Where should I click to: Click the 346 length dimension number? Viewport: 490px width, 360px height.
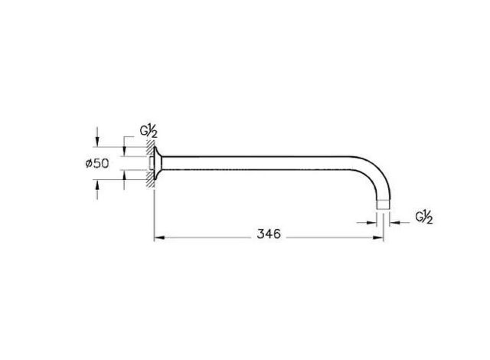click(269, 234)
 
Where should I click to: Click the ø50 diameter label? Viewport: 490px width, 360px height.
click(97, 163)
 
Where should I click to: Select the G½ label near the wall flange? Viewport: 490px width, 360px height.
click(149, 131)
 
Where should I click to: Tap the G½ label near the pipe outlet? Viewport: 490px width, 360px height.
click(424, 218)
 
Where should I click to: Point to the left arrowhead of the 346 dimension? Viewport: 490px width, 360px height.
click(159, 237)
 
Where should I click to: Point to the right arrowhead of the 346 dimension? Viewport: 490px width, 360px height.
click(378, 237)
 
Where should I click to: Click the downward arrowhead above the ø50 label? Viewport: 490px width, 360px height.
click(97, 142)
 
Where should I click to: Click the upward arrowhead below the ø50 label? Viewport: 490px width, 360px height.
click(97, 185)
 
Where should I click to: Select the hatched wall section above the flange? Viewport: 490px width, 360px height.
click(151, 148)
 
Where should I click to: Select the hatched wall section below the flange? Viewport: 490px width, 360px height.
click(151, 179)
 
